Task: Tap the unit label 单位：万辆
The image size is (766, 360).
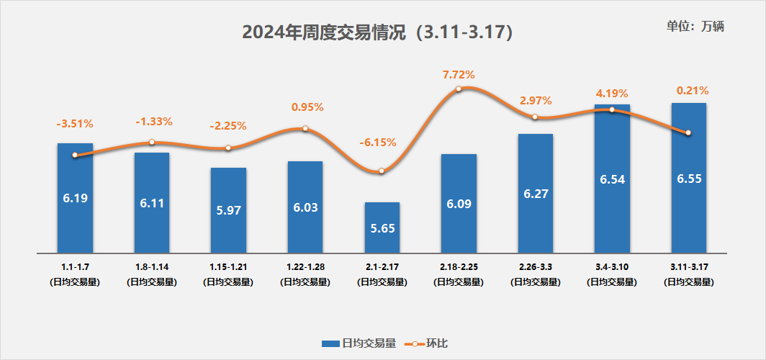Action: coord(695,26)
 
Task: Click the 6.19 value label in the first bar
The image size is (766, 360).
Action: coord(75,197)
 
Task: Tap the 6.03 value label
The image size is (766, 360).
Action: coord(305,207)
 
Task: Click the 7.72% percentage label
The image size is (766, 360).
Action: coord(459,74)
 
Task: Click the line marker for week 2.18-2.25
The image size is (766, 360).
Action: coord(459,89)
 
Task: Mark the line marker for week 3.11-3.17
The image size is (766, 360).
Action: coord(689,132)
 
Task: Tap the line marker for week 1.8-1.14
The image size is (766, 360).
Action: coord(152,143)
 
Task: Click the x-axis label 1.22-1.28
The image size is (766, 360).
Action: coord(305,266)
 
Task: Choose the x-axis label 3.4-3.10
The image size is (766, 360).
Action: coord(612,266)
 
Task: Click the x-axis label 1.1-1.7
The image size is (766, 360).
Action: coord(75,266)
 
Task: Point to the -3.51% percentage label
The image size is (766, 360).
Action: coord(75,123)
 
